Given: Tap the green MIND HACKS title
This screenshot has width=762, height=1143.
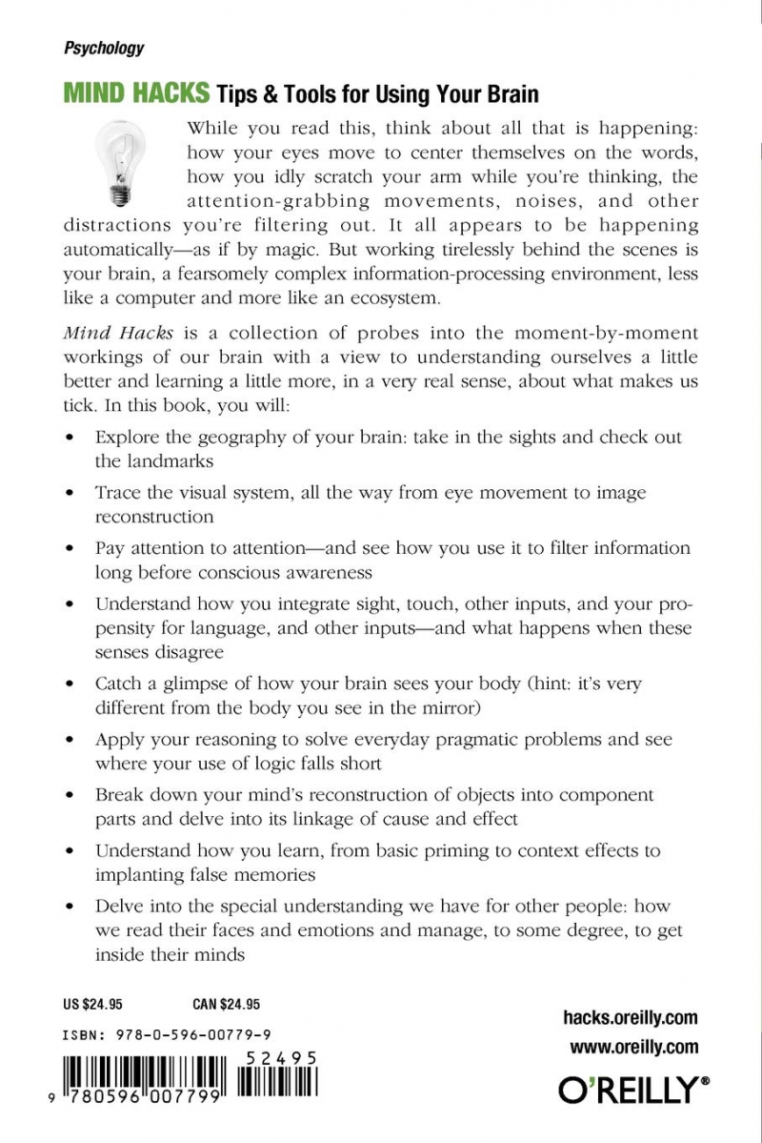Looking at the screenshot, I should (x=136, y=94).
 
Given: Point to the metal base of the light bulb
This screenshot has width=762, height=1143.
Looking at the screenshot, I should (x=120, y=196).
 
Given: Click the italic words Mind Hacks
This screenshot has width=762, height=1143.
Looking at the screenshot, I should (x=107, y=333).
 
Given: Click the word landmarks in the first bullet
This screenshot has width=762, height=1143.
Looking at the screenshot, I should (x=154, y=460).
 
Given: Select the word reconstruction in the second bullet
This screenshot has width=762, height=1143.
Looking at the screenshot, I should (x=154, y=517).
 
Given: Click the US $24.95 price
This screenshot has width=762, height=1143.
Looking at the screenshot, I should (x=92, y=1004).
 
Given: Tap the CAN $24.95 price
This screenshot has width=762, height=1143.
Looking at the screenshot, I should (x=219, y=1004).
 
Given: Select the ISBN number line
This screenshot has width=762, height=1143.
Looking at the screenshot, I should (x=166, y=1034).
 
